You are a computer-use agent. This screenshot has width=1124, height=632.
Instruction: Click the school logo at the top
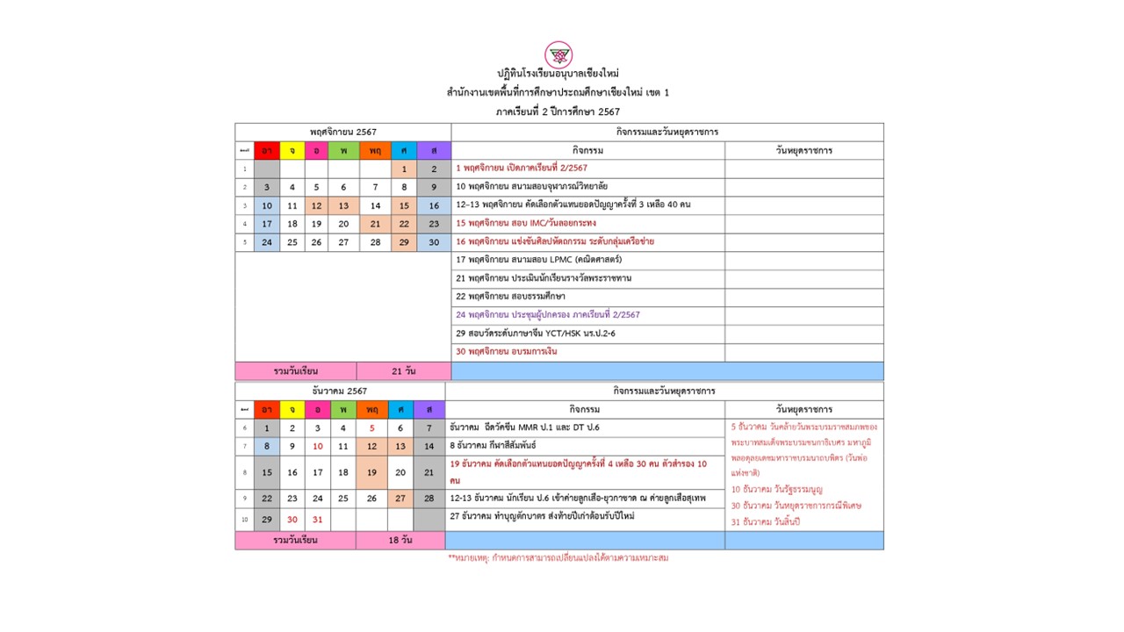(x=558, y=54)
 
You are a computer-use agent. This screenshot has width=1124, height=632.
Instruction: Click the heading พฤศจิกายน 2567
(x=342, y=132)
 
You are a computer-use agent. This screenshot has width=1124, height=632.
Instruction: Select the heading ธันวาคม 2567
(x=340, y=391)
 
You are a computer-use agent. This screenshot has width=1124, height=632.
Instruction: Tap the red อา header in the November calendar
(x=266, y=150)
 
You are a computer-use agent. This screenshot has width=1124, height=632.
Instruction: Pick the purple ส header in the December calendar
(x=429, y=409)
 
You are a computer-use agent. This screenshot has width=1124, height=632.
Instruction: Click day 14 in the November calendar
(x=375, y=205)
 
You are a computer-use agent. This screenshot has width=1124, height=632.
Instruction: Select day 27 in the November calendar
(x=343, y=242)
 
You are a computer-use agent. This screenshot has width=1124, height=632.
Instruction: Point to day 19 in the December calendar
(x=371, y=472)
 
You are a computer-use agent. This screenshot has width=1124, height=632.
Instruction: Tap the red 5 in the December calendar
(x=372, y=428)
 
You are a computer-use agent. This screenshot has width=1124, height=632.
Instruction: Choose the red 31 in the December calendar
(x=317, y=520)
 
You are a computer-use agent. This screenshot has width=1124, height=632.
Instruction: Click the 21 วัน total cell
(x=404, y=371)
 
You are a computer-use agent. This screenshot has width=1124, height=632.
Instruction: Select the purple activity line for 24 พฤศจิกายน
(x=548, y=314)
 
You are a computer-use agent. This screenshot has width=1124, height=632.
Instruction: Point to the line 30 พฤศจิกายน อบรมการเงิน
(x=507, y=351)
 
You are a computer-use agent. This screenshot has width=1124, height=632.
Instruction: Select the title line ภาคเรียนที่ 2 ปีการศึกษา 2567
(x=558, y=111)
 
